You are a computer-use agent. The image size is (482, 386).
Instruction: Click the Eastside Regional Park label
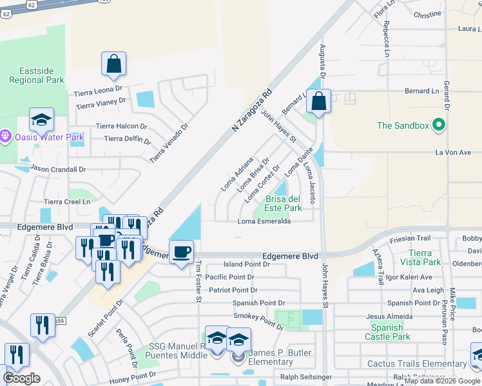pos(37,75)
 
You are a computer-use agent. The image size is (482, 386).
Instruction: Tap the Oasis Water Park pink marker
pos(6,136)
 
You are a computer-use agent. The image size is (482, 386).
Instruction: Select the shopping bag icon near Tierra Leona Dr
pos(113,64)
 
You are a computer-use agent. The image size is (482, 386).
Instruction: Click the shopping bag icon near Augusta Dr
pos(318,102)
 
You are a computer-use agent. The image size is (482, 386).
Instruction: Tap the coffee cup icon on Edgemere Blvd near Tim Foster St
pos(181,252)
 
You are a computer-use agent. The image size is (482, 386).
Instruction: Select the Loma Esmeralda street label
pos(264,221)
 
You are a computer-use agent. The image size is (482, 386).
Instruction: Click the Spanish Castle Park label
pos(387,331)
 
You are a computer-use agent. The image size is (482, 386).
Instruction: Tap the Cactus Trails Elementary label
pos(417,364)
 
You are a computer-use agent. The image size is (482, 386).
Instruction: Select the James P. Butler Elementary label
pos(280,357)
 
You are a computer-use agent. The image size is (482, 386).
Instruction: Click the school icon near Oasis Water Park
pos(41,120)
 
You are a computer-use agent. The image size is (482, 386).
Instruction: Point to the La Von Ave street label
pos(454,152)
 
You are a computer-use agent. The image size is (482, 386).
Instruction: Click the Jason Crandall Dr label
pos(58,169)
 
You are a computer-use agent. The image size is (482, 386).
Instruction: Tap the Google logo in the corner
pos(21,378)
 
